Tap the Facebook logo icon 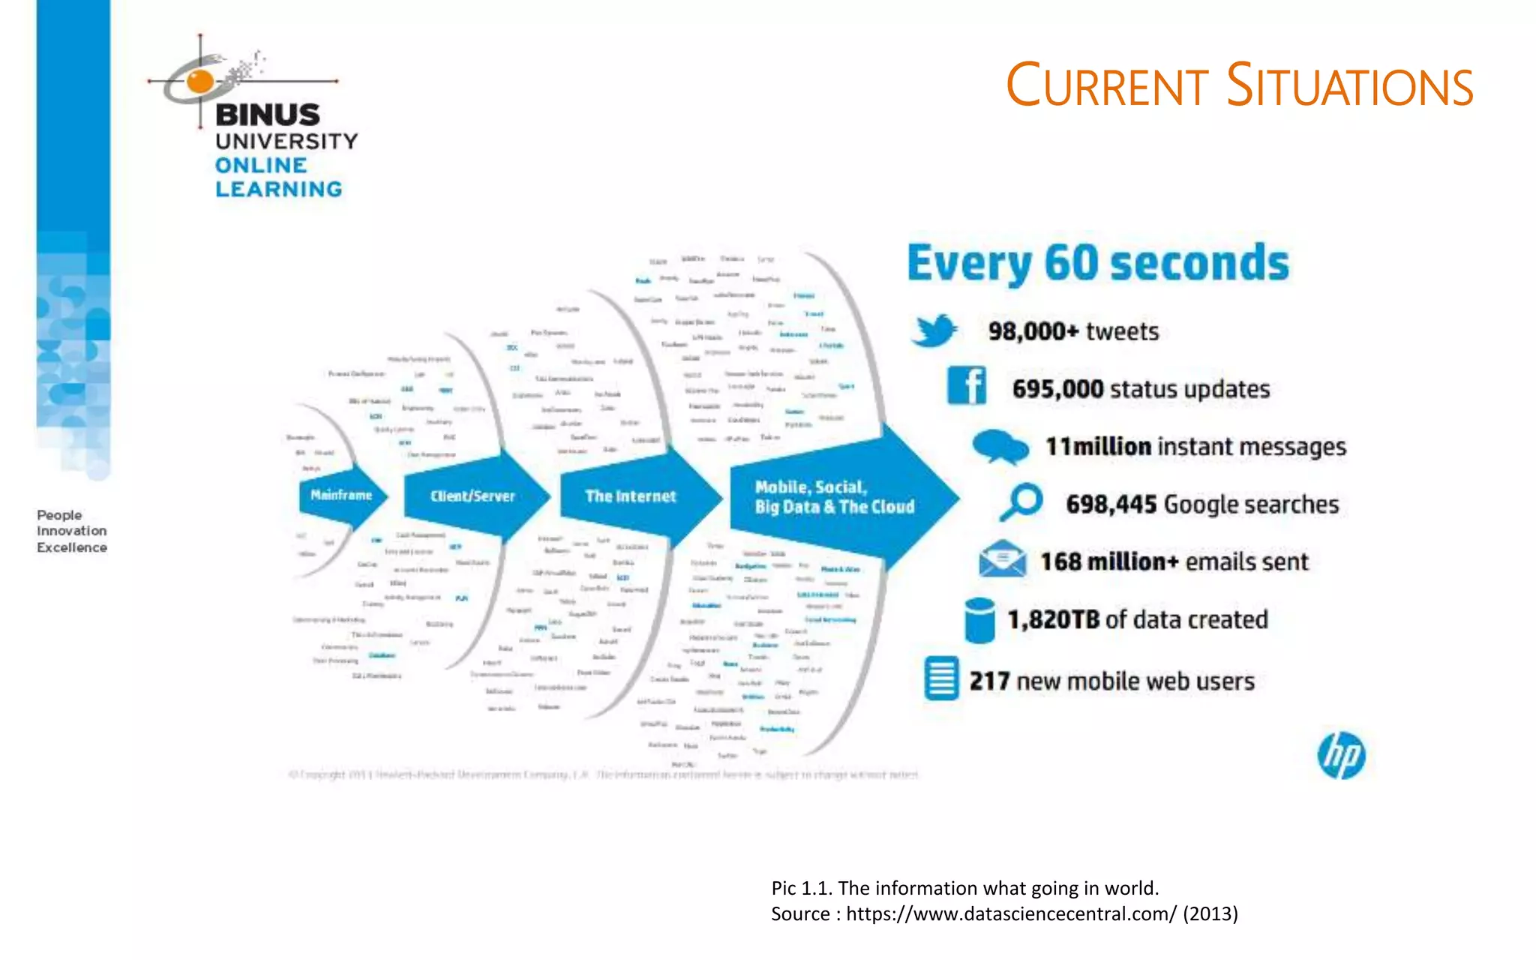pos(967,386)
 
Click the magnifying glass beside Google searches pos(1021,502)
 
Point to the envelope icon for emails pos(1002,559)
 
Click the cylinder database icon pos(979,620)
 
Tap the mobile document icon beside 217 pos(941,679)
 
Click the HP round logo pos(1341,755)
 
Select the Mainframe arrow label pos(341,495)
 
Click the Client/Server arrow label pos(472,496)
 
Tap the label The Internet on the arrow pos(630,496)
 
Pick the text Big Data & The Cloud pos(834,507)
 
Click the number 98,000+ pos(1033,331)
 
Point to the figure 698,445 pos(1111,504)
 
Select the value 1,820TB pos(1053,619)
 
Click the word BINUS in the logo pos(267,115)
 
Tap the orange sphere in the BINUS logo pos(200,81)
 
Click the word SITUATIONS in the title pos(1349,86)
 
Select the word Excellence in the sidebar pos(72,547)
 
